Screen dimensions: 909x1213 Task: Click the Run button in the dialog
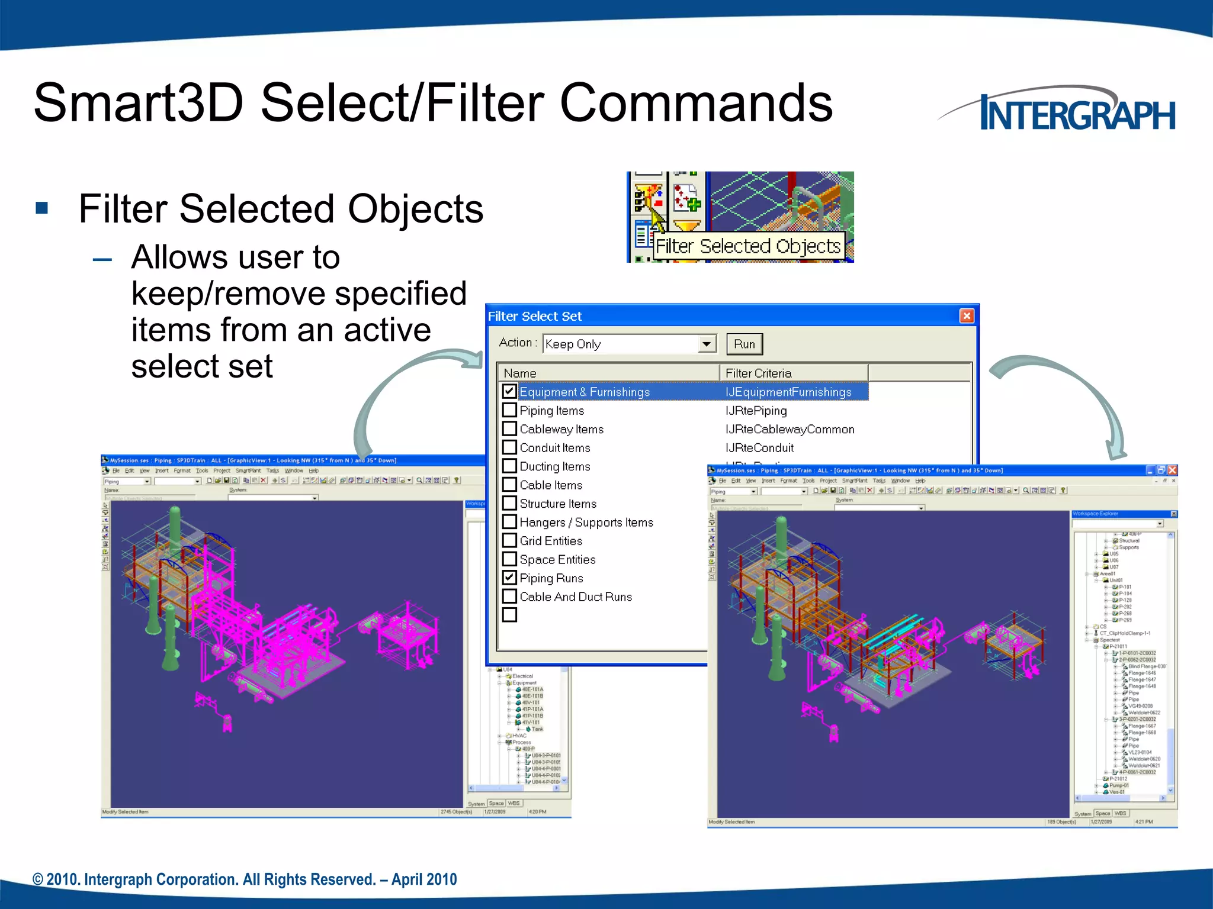(744, 344)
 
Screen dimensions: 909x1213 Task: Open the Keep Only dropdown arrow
(707, 344)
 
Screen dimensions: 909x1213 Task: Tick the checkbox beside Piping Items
(509, 410)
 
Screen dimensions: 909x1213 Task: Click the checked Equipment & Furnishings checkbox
(509, 391)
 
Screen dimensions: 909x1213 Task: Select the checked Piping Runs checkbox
(509, 577)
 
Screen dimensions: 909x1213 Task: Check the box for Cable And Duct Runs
(509, 596)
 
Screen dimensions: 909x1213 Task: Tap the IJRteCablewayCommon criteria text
(790, 429)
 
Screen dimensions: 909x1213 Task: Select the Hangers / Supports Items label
(586, 522)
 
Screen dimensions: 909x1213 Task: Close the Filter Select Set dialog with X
(967, 316)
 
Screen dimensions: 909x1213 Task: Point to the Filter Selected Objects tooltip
(748, 246)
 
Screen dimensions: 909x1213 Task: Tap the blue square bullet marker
(41, 208)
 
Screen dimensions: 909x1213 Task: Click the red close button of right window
(1172, 470)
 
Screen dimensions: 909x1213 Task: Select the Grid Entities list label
(551, 541)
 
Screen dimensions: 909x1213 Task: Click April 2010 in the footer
(424, 879)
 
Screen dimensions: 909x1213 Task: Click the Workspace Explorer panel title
(1096, 514)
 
